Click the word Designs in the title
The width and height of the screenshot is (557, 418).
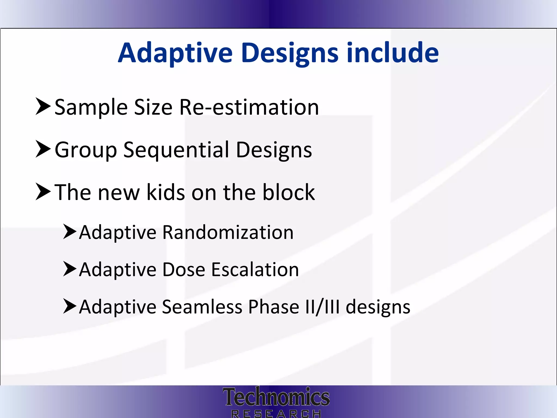tap(289, 53)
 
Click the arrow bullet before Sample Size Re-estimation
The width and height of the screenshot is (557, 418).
tap(43, 107)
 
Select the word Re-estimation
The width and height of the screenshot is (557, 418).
tap(249, 107)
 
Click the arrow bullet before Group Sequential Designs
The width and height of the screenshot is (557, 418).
tap(43, 149)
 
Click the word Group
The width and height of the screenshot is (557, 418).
tap(86, 150)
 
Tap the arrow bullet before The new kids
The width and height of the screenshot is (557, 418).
tap(43, 192)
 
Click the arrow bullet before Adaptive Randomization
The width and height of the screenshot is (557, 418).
tap(70, 232)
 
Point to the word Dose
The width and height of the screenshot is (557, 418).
tap(184, 270)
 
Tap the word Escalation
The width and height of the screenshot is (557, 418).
tap(255, 270)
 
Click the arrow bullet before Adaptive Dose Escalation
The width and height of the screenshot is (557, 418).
tap(70, 269)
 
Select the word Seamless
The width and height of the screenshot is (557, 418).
tap(202, 307)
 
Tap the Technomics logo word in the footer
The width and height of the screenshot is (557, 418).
tap(276, 397)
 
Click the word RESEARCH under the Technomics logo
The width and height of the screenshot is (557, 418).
tap(276, 414)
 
